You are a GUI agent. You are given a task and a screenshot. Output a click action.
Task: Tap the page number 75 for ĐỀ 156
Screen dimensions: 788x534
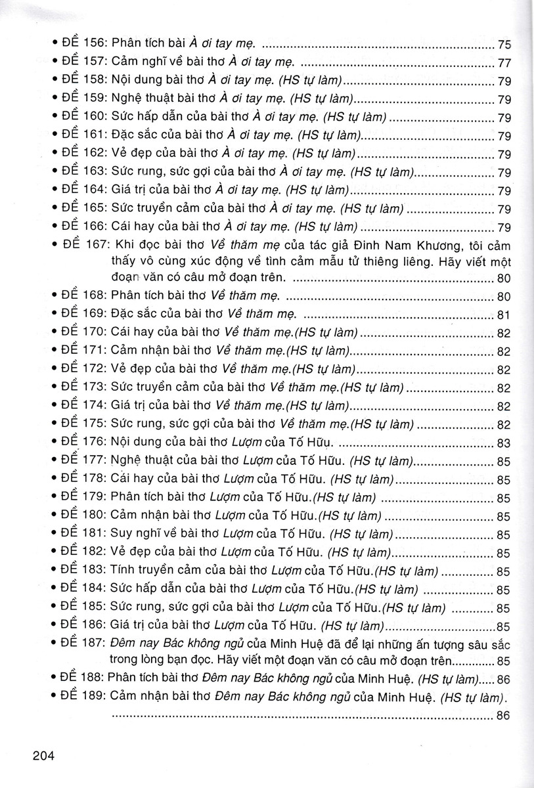coord(504,45)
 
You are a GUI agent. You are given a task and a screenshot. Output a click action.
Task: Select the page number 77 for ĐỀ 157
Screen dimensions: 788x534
coord(504,64)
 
